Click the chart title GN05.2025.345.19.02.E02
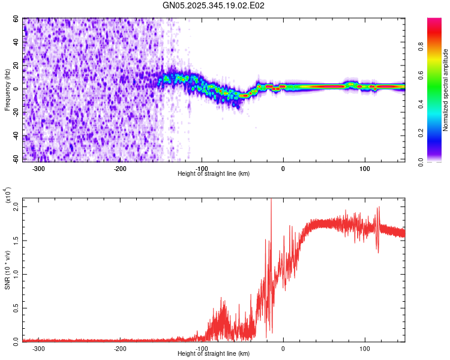coord(214,5)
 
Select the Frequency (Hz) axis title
coord(7,90)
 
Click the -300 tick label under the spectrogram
coord(38,168)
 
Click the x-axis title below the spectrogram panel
coord(214,173)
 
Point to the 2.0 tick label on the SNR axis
coord(16,206)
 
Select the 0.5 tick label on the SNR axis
coord(16,308)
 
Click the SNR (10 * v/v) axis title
coord(7,270)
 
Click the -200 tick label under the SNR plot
coord(119,348)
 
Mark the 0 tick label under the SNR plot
coord(283,348)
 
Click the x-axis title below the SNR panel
coord(214,353)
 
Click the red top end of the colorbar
coord(434,21)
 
